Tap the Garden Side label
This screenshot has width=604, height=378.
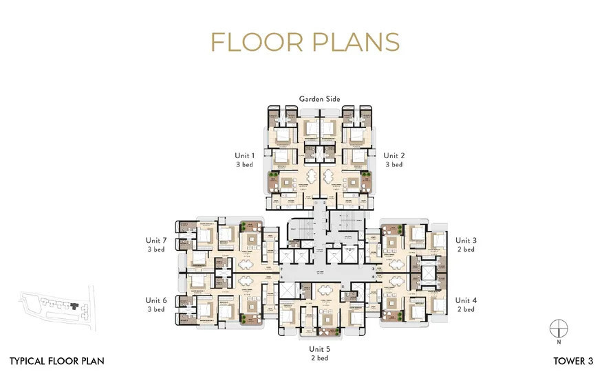(x=319, y=99)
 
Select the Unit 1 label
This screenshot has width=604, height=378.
(x=246, y=156)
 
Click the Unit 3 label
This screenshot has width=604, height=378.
(x=465, y=241)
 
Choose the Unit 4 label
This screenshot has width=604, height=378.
(x=465, y=300)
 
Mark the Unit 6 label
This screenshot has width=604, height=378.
(x=156, y=300)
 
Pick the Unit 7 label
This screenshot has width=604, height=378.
(x=156, y=241)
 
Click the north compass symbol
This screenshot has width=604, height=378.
(x=559, y=327)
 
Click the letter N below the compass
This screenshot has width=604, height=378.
(x=559, y=342)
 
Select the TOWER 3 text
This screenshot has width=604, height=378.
(x=574, y=360)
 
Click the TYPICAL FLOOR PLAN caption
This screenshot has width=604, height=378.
(x=57, y=360)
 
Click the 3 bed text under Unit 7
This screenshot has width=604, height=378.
(x=156, y=249)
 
